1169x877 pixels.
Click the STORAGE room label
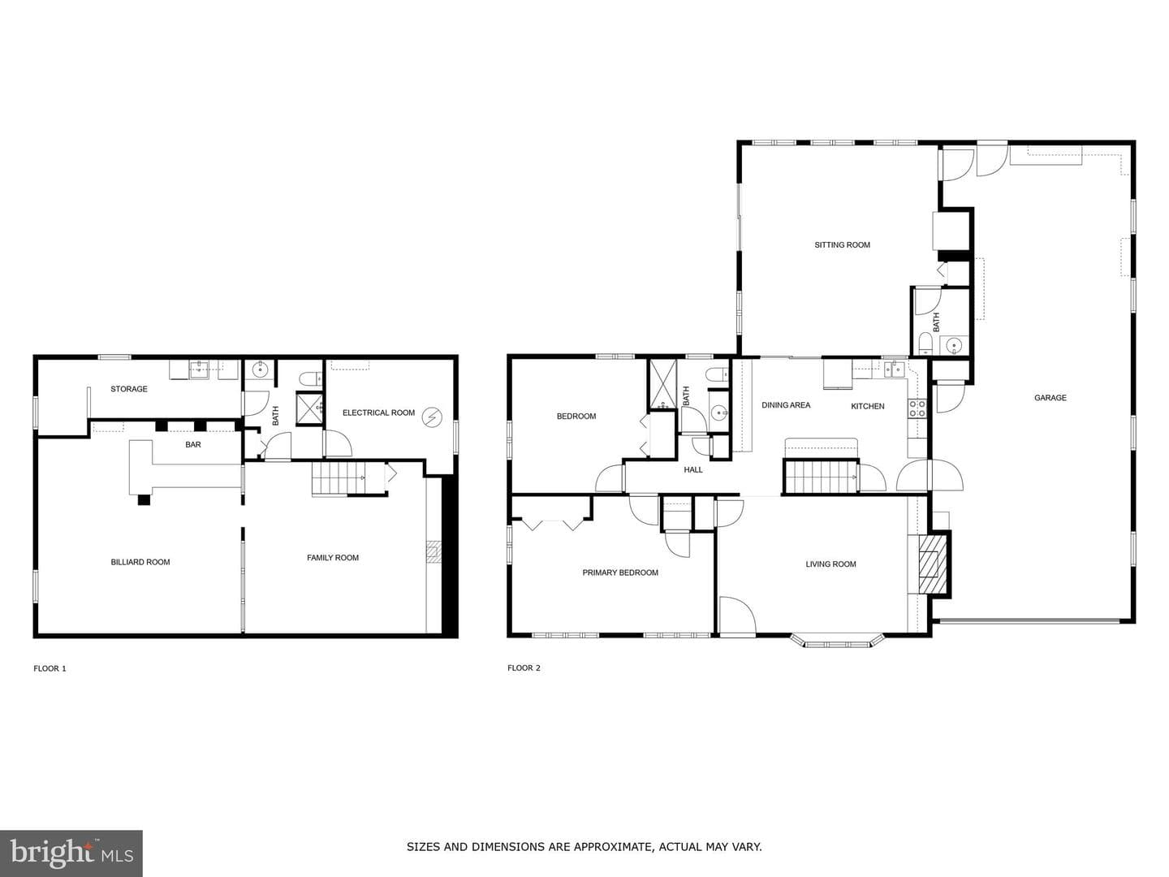point(129,389)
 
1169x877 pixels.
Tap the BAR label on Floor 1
point(193,445)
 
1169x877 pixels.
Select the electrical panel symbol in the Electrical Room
point(432,417)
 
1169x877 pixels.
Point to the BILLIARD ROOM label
point(140,562)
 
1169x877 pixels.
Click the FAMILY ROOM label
point(333,558)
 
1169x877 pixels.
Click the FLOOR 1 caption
point(50,669)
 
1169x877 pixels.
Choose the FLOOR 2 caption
point(524,668)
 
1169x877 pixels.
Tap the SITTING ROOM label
point(843,245)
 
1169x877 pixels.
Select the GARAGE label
point(1050,398)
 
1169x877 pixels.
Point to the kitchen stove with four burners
point(917,408)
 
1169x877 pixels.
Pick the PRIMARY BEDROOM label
point(620,573)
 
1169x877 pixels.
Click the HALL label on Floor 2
point(693,469)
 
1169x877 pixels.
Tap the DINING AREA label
point(786,405)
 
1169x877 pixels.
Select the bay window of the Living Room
point(837,641)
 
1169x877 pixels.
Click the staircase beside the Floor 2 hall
point(821,477)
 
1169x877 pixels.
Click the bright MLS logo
point(71,853)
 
